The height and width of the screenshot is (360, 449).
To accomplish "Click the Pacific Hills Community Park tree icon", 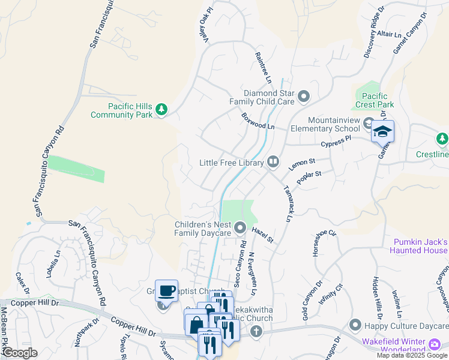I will pyautogui.click(x=161, y=109).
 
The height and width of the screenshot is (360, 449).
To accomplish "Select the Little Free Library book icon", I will pyautogui.click(x=273, y=161).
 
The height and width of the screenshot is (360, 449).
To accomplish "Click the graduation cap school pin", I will pyautogui.click(x=382, y=131).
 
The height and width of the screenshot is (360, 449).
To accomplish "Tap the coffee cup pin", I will pyautogui.click(x=166, y=290).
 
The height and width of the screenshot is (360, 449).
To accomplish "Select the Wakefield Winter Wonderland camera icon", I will pyautogui.click(x=435, y=344).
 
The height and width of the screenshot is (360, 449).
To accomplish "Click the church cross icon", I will pyautogui.click(x=256, y=331).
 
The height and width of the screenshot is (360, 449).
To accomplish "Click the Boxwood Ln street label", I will pyautogui.click(x=258, y=121).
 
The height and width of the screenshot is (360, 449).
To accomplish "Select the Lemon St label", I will pyautogui.click(x=302, y=163).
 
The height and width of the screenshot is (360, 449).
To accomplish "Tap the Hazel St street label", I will pyautogui.click(x=262, y=235).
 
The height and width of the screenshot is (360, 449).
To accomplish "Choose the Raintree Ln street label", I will pyautogui.click(x=264, y=67).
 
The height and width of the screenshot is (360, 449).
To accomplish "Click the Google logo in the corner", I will pyautogui.click(x=20, y=352).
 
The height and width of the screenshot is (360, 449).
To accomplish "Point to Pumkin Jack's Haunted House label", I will pyautogui.click(x=420, y=246).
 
